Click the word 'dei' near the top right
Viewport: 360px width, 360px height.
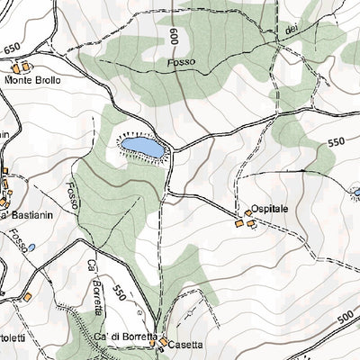click(290, 31)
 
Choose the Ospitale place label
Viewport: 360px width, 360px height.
click(270, 208)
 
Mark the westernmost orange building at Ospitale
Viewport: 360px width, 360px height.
click(239, 223)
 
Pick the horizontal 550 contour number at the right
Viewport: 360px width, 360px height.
click(337, 142)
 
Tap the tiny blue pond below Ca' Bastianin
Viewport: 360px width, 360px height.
click(31, 247)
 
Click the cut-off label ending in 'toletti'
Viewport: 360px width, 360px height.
click(13, 337)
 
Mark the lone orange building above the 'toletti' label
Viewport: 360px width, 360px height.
click(28, 296)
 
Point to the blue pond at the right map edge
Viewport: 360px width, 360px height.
click(356, 193)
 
